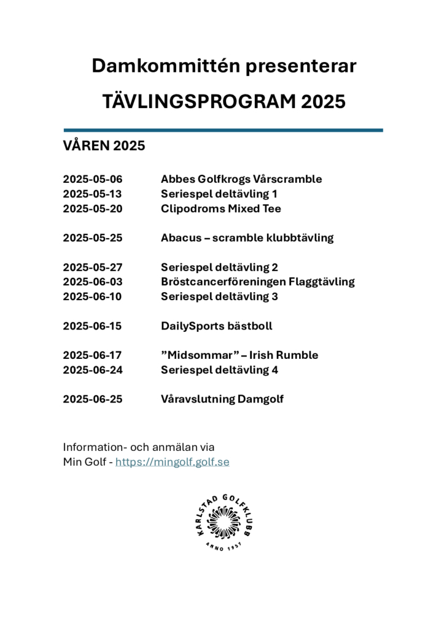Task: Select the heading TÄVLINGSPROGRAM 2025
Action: (x=223, y=101)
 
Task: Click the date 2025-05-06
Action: (x=93, y=179)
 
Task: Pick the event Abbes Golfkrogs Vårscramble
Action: (x=241, y=179)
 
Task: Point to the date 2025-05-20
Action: (x=93, y=209)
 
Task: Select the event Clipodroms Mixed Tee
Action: (x=221, y=209)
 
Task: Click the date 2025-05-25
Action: (x=93, y=238)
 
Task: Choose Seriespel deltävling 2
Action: (x=219, y=268)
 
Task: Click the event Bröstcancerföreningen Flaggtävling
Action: (x=258, y=282)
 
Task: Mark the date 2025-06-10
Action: (x=93, y=297)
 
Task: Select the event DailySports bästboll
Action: (x=216, y=326)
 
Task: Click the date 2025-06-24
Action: (x=93, y=370)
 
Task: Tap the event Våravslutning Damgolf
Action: (x=222, y=399)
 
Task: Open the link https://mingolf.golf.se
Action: (x=173, y=462)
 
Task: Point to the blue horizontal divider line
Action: (x=223, y=130)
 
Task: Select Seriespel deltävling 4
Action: (x=219, y=370)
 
